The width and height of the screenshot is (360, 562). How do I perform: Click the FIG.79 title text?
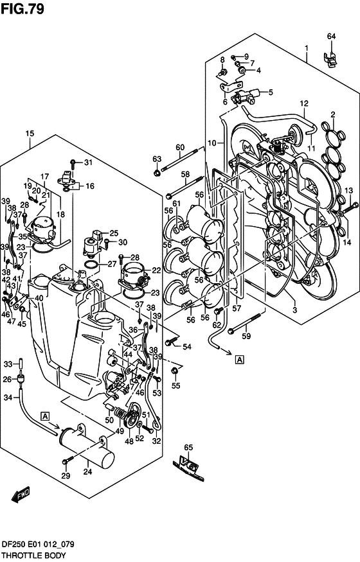click(22, 8)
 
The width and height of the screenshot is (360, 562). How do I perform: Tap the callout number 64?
click(331, 36)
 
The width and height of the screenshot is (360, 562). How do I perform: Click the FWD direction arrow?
click(21, 495)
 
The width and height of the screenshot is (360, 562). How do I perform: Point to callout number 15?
click(30, 134)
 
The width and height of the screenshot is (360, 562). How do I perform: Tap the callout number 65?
click(188, 447)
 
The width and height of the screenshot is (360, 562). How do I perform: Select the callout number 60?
click(180, 147)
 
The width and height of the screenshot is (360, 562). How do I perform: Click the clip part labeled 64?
click(331, 59)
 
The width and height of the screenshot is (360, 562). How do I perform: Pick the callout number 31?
click(88, 162)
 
